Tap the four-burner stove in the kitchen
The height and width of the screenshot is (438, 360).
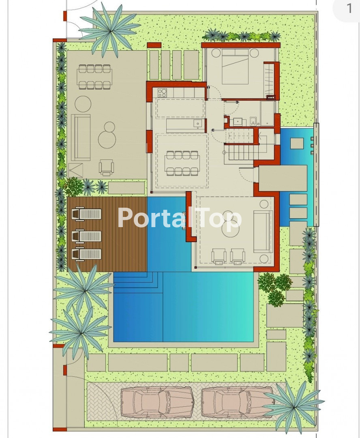click(x=162, y=92)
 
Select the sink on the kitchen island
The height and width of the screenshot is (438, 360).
click(x=198, y=123)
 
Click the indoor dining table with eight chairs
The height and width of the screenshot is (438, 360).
click(x=182, y=163)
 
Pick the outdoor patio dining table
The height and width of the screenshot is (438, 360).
click(x=94, y=77)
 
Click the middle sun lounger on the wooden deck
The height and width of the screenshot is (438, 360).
click(x=87, y=236)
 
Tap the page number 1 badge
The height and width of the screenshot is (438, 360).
click(x=349, y=9)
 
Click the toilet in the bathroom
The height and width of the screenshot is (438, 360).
click(x=253, y=121)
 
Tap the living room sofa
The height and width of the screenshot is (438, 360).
click(x=263, y=232)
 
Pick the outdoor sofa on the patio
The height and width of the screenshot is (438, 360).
click(x=81, y=137)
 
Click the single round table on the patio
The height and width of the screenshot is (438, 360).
click(x=83, y=104)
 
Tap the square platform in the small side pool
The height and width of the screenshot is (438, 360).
click(x=297, y=143)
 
